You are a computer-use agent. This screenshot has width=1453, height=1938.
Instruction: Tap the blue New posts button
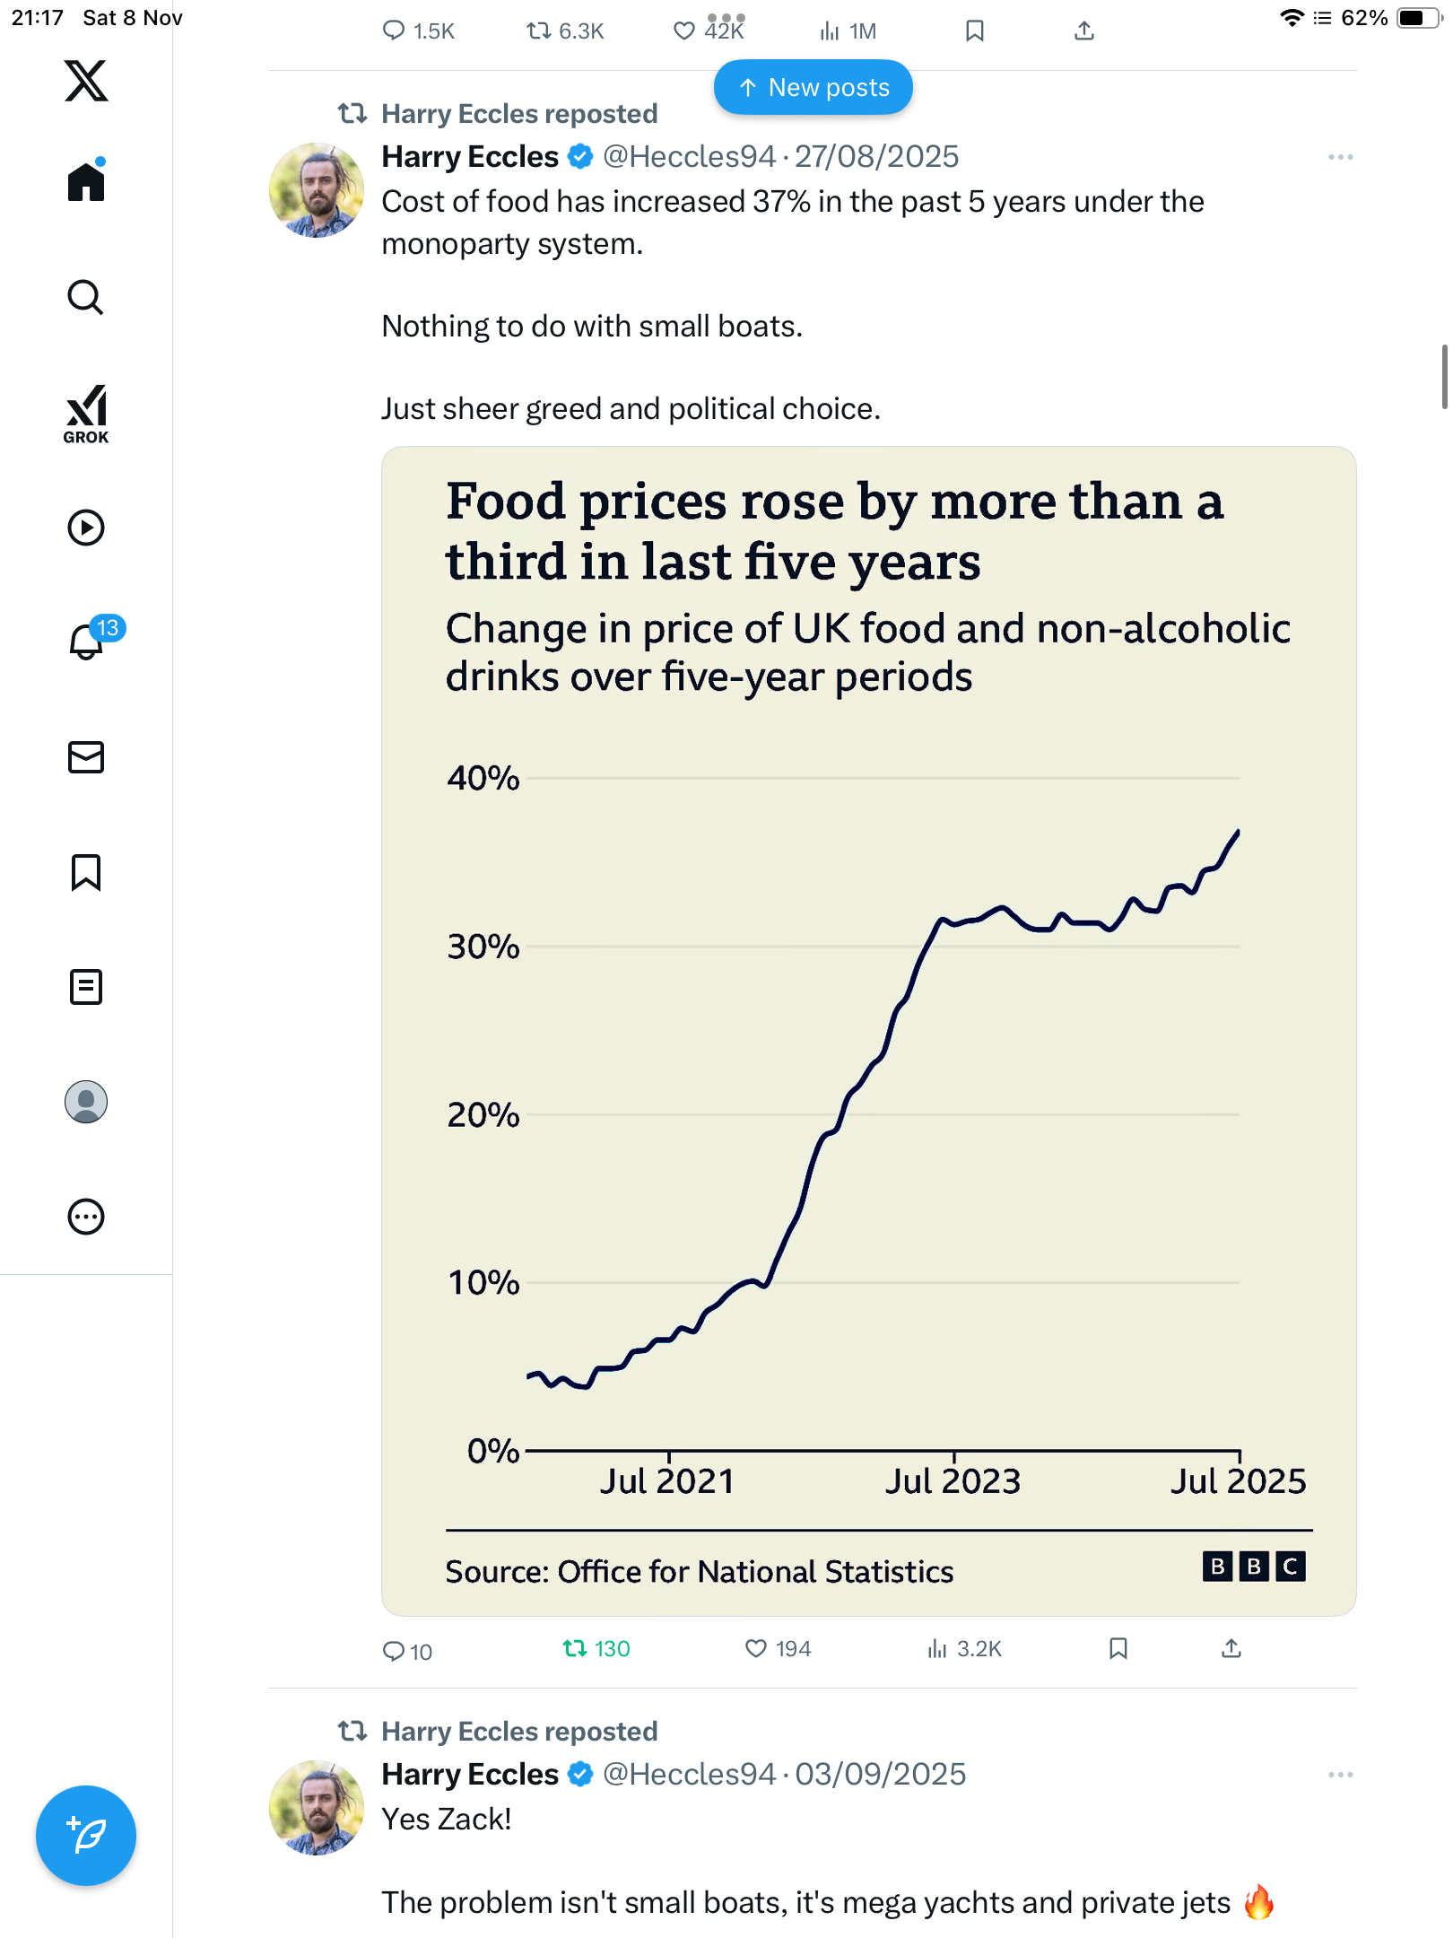tap(813, 88)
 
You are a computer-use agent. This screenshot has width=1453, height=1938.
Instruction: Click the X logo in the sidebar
tap(86, 81)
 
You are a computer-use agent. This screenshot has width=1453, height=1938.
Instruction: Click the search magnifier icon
tap(85, 298)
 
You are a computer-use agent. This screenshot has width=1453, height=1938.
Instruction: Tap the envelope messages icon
tap(86, 757)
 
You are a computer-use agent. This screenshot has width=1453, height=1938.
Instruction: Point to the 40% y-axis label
tap(483, 778)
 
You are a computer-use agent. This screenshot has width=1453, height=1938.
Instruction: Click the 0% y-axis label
tap(493, 1451)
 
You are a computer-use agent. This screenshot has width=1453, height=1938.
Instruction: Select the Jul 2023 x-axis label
tap(953, 1481)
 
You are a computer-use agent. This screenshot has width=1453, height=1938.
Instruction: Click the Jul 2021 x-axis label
tap(667, 1481)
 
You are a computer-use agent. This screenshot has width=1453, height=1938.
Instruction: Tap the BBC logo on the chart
tap(1253, 1567)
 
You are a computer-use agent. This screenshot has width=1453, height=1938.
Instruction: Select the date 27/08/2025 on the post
tap(876, 157)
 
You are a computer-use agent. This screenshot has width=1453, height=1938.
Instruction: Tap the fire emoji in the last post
tap(1258, 1902)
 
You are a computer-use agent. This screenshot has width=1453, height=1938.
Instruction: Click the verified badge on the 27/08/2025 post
tap(581, 157)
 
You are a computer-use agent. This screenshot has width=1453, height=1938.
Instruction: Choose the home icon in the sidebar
tap(86, 182)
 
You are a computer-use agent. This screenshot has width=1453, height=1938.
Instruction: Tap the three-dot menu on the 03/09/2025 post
tap(1340, 1775)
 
